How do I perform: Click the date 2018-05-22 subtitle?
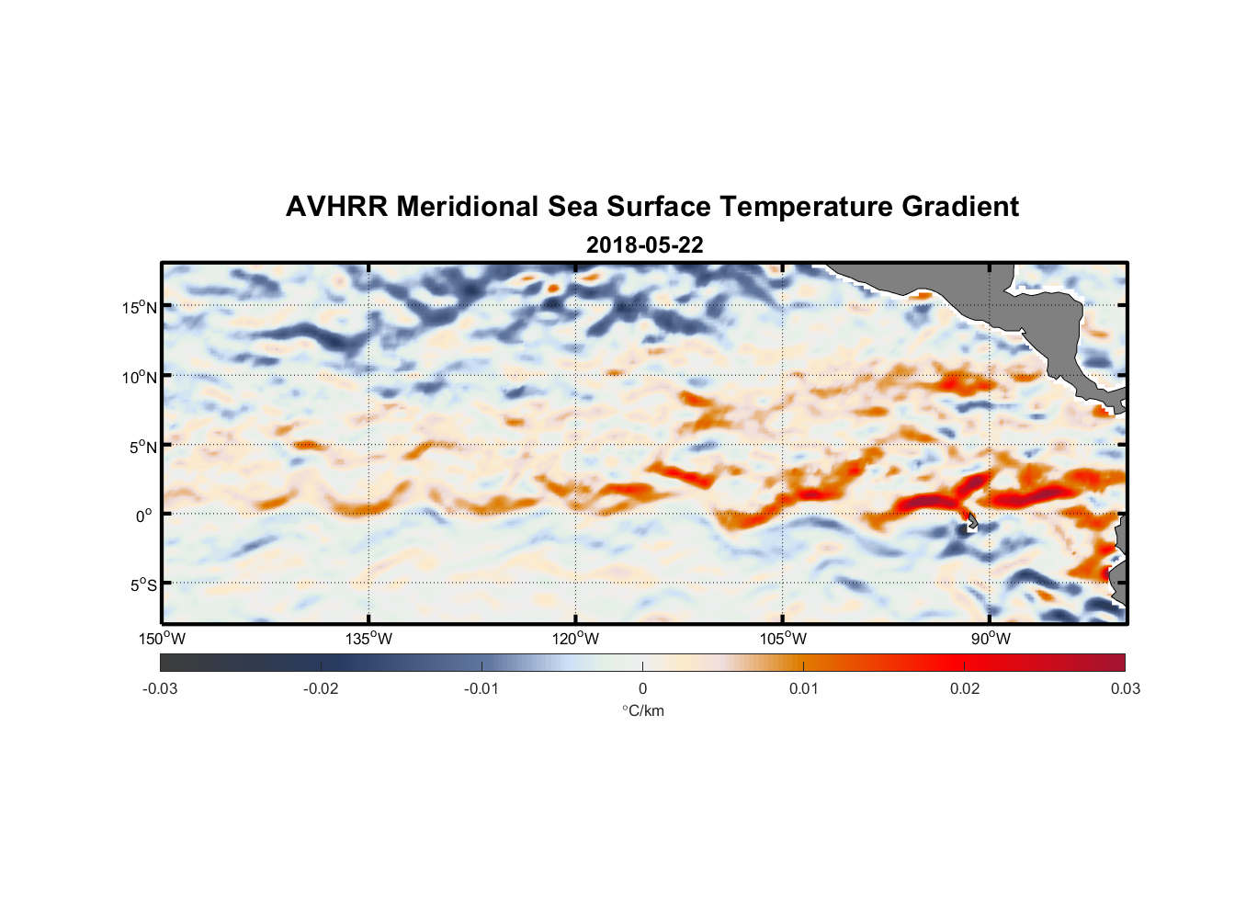[644, 245]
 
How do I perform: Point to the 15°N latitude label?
[140, 307]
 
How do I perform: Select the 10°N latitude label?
[140, 377]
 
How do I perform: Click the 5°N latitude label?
[142, 447]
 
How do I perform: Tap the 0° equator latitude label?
[144, 516]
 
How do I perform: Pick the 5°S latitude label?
[142, 585]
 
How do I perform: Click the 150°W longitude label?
[162, 639]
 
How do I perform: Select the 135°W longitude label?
[368, 639]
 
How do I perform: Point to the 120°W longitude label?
[575, 639]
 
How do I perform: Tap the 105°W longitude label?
[783, 639]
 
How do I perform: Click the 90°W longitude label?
[990, 639]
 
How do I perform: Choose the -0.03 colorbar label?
[160, 688]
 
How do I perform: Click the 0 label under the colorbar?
[642, 688]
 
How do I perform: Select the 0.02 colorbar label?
[965, 688]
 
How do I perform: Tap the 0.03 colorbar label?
[1125, 688]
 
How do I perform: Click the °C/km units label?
[642, 710]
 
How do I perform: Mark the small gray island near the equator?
[971, 522]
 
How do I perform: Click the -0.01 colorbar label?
[481, 688]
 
